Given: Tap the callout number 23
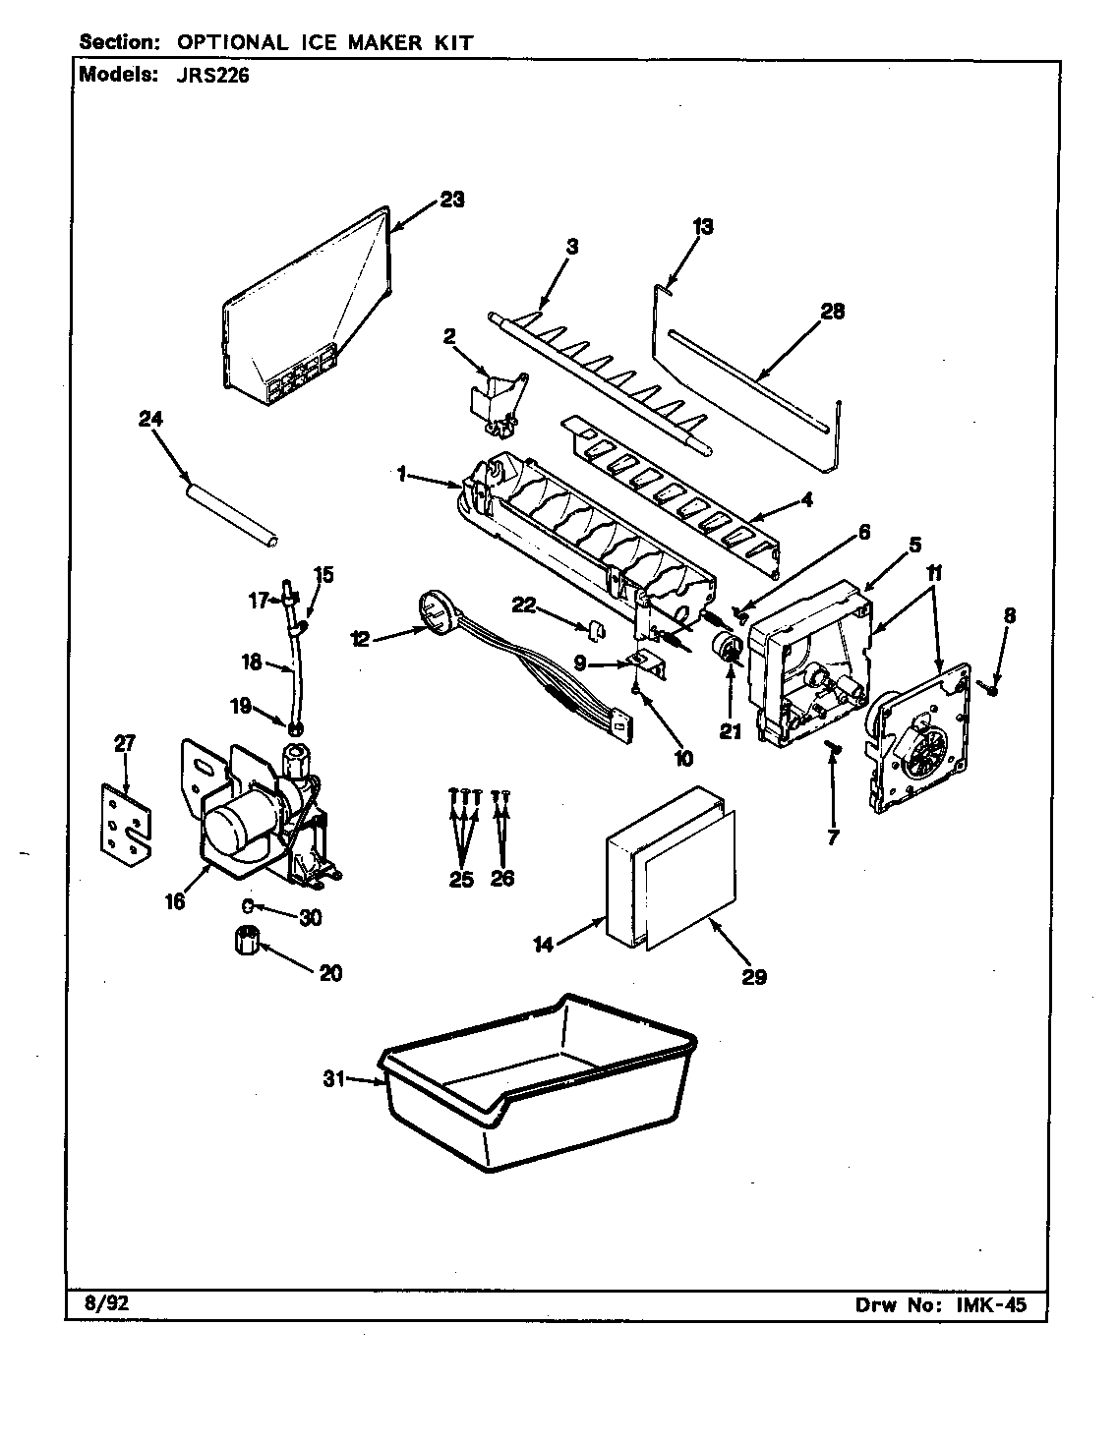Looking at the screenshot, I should click(x=451, y=200).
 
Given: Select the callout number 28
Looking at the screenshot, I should click(x=832, y=312).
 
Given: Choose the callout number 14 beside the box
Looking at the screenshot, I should click(x=544, y=946).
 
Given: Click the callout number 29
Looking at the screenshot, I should click(x=755, y=976).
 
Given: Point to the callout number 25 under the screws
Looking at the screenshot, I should click(x=460, y=878).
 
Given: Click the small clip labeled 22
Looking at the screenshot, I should click(x=596, y=627).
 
